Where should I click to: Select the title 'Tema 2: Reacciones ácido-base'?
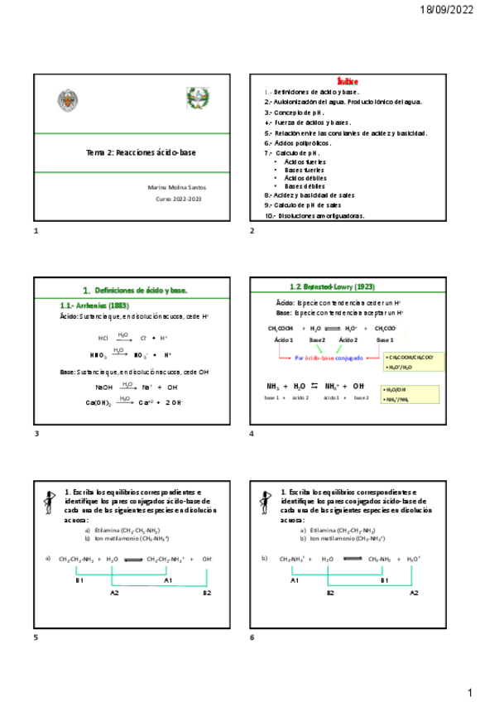(142, 153)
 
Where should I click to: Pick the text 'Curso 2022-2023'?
(178, 200)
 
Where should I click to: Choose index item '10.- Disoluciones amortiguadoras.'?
(314, 216)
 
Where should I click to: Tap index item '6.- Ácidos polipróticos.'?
(297, 142)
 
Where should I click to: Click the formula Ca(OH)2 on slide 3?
(100, 402)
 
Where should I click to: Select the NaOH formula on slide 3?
(103, 387)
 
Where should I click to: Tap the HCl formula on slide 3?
(103, 339)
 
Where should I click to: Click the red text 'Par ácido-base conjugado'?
(329, 358)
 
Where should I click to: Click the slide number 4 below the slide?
(251, 434)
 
